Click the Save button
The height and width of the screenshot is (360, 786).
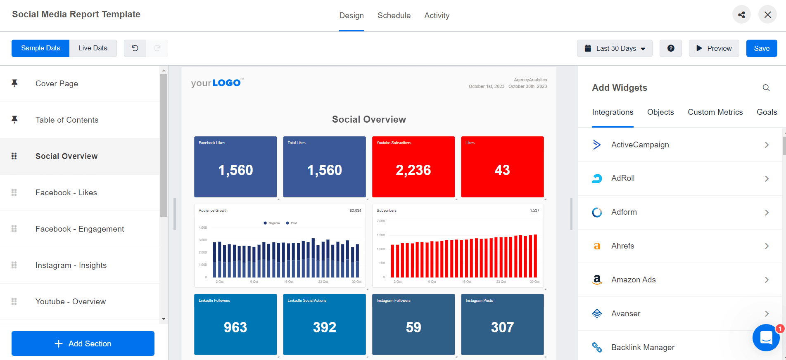coord(761,48)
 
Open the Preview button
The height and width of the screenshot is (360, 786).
coord(714,48)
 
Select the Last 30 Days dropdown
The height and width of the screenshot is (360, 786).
coord(615,48)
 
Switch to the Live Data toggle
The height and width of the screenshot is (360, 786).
coord(93,48)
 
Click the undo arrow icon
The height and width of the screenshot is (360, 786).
coord(135,48)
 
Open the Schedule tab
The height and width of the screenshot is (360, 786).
coord(394,16)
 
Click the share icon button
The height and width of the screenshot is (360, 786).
coord(741,15)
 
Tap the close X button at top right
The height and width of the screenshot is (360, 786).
coord(767,15)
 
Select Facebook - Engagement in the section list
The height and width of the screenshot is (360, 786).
coord(79,229)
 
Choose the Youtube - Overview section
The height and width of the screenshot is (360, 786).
coord(70,302)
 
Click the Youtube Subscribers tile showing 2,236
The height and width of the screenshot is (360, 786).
coord(413,167)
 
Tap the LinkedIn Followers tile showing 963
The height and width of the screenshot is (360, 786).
coord(235,324)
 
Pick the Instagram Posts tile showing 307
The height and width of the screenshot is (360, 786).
coord(502,324)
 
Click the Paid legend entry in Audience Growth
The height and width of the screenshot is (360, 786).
coord(292,223)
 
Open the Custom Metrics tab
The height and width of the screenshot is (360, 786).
coord(715,112)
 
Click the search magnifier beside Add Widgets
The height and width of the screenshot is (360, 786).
coord(766,88)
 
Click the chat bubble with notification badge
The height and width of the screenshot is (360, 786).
coord(766,338)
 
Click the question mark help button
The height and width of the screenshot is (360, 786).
coord(671,48)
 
